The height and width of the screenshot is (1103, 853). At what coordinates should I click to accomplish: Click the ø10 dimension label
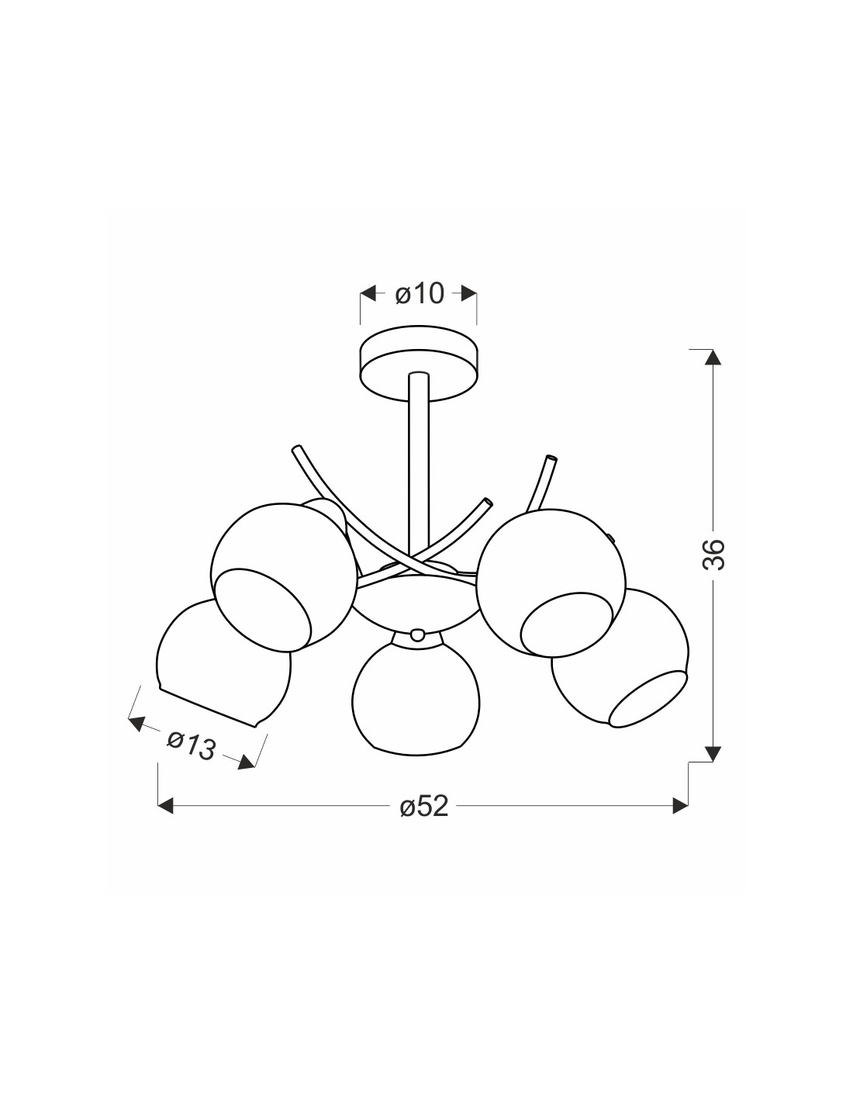pyautogui.click(x=420, y=294)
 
